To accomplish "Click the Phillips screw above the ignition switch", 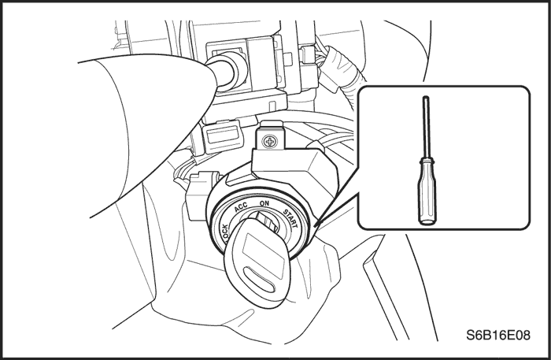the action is (270, 142).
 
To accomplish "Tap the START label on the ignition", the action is (290, 218).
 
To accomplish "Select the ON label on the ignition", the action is (264, 203).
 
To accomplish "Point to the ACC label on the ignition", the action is (241, 206).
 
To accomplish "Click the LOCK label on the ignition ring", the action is (225, 233).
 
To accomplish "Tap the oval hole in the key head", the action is (259, 279).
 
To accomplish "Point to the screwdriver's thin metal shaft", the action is (426, 128).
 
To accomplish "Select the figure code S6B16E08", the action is (498, 335).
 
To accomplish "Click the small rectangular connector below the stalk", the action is (222, 136).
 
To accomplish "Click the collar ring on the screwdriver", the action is (427, 161).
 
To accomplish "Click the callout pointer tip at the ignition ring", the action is (315, 225).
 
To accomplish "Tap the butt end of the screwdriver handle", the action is (427, 222).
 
